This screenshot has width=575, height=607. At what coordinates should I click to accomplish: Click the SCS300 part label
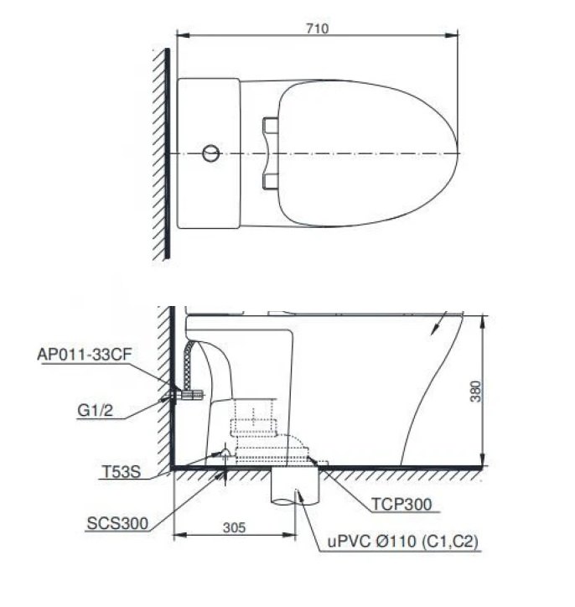[x=117, y=523]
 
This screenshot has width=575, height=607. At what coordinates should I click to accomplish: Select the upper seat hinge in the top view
[x=269, y=126]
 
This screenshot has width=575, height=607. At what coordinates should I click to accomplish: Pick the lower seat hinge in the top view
[x=269, y=181]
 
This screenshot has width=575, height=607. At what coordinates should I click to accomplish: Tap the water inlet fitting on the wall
[x=188, y=393]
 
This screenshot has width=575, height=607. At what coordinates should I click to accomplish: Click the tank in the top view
[x=210, y=153]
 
